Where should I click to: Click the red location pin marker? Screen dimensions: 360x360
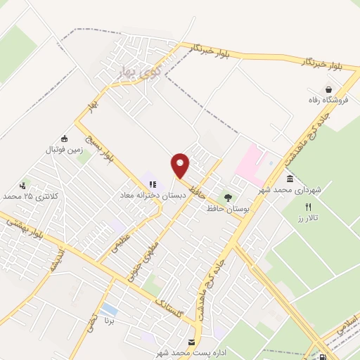tap(181, 165)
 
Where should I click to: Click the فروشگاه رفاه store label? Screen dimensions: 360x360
tap(328, 101)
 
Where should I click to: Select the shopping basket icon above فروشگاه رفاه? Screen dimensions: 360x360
tap(328, 89)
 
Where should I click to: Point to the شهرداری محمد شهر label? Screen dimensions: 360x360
tap(289, 191)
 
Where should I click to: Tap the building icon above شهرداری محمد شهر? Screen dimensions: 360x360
tap(290, 179)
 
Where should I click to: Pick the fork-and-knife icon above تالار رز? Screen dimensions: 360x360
tap(307, 207)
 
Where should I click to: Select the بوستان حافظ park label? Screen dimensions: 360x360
tap(226, 209)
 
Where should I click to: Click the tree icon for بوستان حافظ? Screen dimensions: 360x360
tap(227, 198)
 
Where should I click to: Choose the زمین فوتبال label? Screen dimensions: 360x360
tap(65, 150)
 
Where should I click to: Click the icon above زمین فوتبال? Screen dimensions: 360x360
tap(65, 139)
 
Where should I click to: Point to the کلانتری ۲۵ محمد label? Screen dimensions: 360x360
tap(28, 196)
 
